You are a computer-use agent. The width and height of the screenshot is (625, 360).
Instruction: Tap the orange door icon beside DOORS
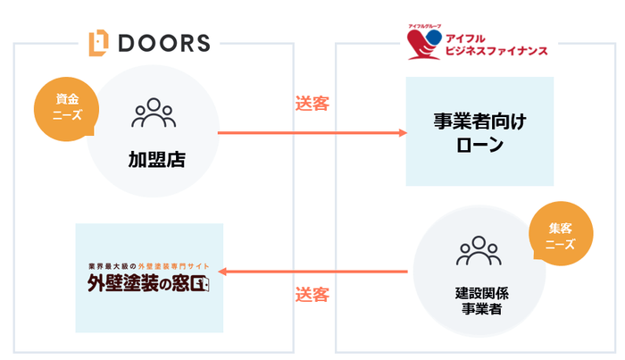tap(99, 42)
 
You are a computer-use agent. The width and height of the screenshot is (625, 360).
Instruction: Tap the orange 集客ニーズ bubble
tap(560, 235)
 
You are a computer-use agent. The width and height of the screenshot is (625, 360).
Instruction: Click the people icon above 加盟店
tap(153, 113)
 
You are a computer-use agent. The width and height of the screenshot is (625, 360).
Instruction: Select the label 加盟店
tap(153, 160)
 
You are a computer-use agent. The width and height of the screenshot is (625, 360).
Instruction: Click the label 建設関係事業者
tap(478, 301)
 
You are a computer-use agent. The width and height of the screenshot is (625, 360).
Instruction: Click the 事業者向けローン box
tap(479, 130)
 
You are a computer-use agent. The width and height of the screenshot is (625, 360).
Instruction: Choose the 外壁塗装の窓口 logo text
tap(148, 286)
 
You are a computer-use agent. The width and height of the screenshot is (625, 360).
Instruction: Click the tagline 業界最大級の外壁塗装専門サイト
tap(148, 266)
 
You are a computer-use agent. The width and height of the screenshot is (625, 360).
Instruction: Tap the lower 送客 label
tap(312, 293)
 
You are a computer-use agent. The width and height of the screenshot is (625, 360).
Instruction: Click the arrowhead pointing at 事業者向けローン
tap(401, 133)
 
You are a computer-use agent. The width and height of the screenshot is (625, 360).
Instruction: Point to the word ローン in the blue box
tap(479, 146)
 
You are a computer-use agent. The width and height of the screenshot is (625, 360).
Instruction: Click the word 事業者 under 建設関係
tap(478, 309)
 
